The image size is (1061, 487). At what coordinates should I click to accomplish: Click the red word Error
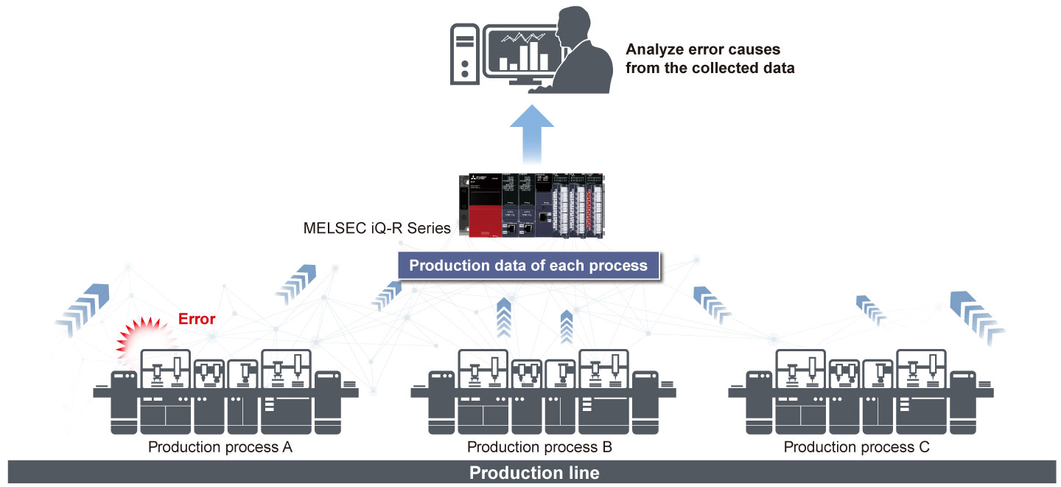(x=197, y=319)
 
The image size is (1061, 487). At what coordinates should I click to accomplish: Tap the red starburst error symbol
(x=147, y=340)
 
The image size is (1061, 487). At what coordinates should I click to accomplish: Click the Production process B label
(x=539, y=447)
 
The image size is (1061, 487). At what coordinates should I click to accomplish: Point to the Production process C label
(x=856, y=447)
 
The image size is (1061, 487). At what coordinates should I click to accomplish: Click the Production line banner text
(x=534, y=473)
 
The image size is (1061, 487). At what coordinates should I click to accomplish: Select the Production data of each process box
(x=528, y=266)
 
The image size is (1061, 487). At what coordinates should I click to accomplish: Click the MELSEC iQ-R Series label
(x=377, y=227)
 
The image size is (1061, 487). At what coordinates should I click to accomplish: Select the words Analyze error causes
(x=702, y=50)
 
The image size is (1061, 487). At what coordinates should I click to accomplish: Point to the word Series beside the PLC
(x=431, y=227)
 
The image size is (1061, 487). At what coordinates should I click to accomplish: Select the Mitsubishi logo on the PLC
(x=475, y=180)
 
